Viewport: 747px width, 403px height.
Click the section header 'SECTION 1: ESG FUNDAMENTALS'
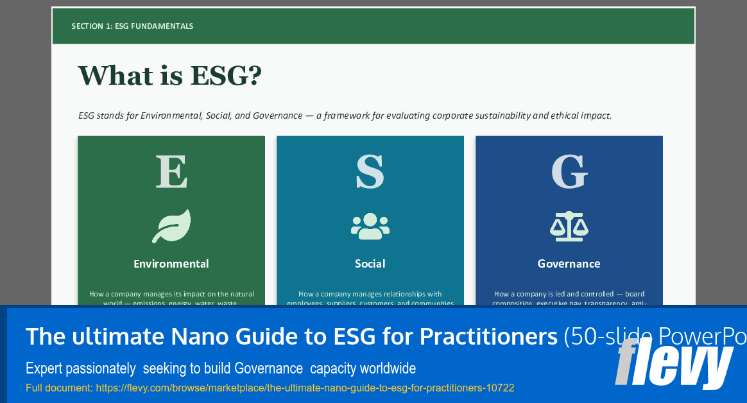tap(132, 26)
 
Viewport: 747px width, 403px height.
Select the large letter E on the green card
tap(171, 171)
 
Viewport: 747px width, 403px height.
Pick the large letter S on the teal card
tap(370, 171)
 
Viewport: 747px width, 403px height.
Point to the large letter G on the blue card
tap(569, 171)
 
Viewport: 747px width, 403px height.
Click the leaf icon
tap(171, 226)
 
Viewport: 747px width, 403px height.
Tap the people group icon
tap(370, 226)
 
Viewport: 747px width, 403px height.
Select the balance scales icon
tap(569, 226)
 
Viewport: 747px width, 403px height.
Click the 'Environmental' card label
tap(171, 264)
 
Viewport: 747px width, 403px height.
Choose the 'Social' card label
tap(370, 264)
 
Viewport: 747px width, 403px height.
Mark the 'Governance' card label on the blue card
tap(569, 264)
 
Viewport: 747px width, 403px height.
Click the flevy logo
tap(674, 363)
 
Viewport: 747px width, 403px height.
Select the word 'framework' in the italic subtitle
tap(345, 116)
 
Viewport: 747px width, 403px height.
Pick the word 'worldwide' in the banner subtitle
tap(388, 369)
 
